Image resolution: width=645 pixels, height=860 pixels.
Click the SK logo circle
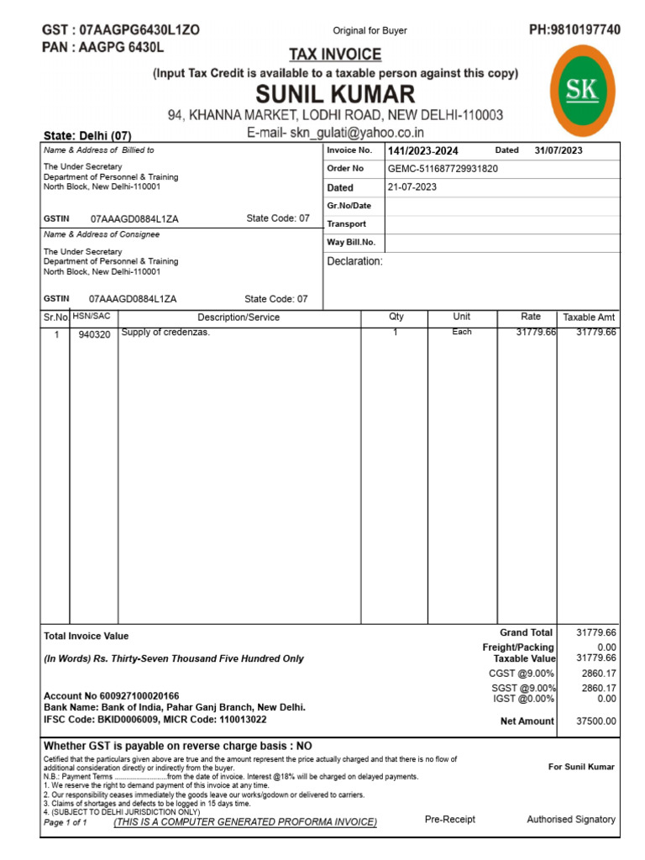click(587, 92)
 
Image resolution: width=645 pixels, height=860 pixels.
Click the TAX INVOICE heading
click(335, 55)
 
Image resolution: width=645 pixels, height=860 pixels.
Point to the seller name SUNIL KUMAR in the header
click(335, 92)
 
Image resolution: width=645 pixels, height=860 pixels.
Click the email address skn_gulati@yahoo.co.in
click(357, 133)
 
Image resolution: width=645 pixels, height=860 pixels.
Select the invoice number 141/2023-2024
click(423, 151)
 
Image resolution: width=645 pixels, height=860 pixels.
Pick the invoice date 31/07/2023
click(558, 151)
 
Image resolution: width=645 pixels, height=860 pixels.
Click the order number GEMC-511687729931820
click(443, 169)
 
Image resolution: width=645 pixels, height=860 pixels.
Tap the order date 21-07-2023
click(412, 187)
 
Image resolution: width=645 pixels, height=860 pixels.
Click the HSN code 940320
click(94, 334)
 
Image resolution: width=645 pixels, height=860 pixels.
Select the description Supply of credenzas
click(165, 333)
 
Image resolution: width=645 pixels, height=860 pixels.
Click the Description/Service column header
click(239, 317)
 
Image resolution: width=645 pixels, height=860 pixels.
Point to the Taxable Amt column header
click(589, 317)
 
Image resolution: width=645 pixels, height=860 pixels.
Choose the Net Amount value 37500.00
click(596, 721)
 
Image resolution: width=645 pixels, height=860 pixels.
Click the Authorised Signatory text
click(570, 819)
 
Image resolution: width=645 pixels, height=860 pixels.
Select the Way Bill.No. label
click(351, 243)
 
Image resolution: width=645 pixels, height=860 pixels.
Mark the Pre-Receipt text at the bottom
click(449, 819)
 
